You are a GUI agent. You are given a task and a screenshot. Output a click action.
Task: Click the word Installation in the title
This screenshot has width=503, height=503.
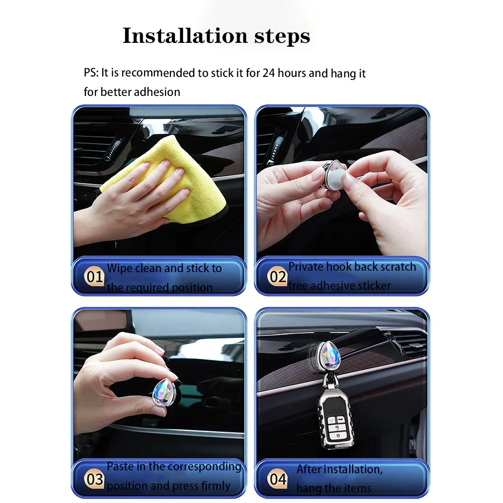pos(186,36)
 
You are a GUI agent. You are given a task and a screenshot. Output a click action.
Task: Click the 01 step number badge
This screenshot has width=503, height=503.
pos(94,277)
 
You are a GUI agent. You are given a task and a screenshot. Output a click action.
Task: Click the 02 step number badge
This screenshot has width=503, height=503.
pos(278,277)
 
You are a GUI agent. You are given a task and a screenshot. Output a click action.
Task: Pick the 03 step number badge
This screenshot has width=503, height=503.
pos(94,479)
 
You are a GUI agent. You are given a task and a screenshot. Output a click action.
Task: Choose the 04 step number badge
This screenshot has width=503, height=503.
pos(278,479)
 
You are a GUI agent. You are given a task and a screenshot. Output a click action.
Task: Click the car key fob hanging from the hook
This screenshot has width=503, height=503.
pos(335,418)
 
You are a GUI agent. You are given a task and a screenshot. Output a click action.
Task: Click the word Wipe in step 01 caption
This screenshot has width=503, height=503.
pos(120,268)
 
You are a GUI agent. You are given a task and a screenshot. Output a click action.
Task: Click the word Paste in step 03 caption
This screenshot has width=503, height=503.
pos(119,466)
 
